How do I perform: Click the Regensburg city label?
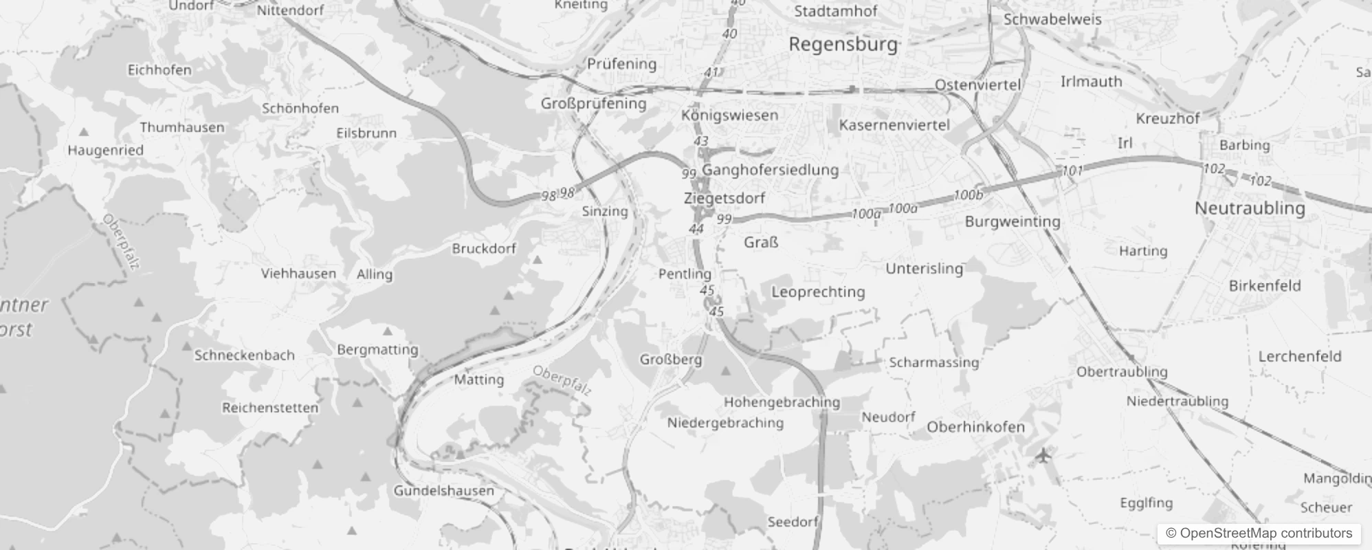(843, 45)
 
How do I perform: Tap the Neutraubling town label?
(1250, 208)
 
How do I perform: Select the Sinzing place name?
(605, 211)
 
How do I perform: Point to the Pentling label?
(685, 274)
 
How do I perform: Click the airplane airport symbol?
(1043, 454)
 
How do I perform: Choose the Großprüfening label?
(593, 104)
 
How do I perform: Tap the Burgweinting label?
(1012, 221)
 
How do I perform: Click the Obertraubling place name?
(1122, 372)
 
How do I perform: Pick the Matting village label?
(478, 379)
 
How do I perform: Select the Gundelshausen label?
(443, 491)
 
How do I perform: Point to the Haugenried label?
(105, 151)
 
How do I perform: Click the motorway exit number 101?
(1072, 170)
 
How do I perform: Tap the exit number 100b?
(969, 195)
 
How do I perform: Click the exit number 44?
(696, 229)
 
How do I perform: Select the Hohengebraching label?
(782, 402)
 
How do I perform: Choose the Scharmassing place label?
(933, 362)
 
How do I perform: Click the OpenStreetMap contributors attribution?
(1259, 533)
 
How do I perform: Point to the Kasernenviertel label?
(894, 125)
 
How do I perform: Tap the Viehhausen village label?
(298, 274)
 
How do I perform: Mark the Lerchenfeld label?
(1299, 356)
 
